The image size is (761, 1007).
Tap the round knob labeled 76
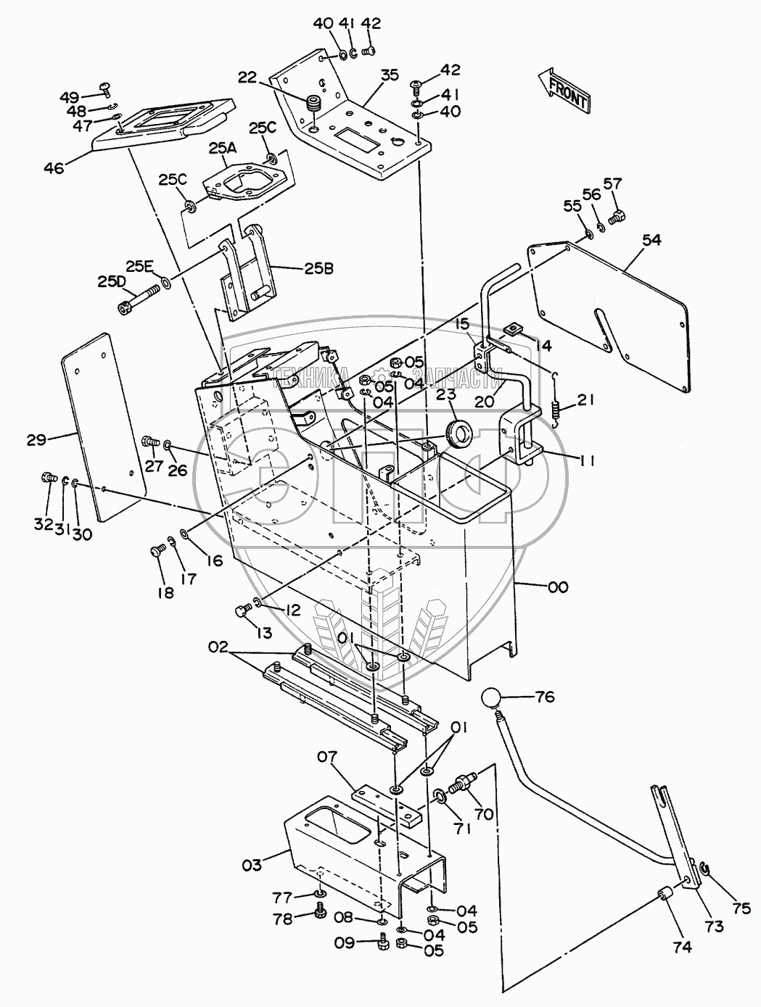tap(492, 700)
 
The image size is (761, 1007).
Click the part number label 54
tap(651, 240)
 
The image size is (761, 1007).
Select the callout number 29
tap(36, 439)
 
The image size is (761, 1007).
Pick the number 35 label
tap(390, 75)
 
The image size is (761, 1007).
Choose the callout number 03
tap(252, 863)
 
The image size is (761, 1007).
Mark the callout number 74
tap(682, 945)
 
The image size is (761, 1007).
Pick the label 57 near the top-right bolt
tap(613, 184)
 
